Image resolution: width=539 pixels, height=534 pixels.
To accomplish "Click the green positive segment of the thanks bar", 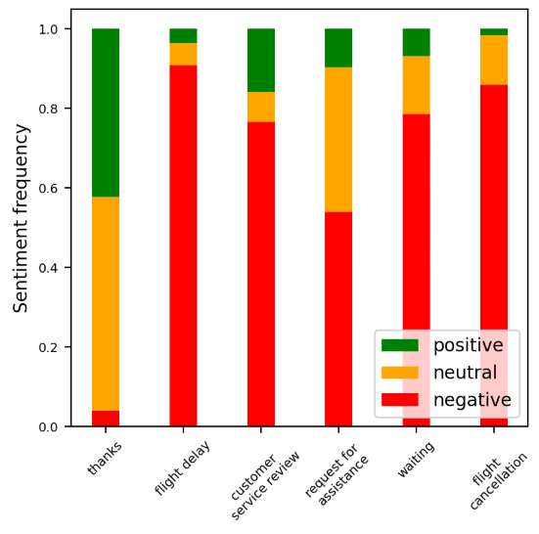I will (x=106, y=112).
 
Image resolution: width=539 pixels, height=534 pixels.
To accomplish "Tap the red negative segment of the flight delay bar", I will (x=183, y=245).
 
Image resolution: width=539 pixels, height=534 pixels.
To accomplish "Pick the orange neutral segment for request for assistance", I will (x=338, y=140).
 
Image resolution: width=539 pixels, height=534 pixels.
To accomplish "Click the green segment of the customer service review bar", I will (x=261, y=60).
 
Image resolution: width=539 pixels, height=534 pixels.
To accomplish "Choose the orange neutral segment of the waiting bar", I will (x=417, y=85).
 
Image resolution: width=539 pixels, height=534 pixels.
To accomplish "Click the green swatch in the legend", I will (x=399, y=345).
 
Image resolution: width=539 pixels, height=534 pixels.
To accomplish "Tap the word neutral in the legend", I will (x=465, y=373).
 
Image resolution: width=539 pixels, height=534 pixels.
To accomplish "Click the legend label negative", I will (x=472, y=400).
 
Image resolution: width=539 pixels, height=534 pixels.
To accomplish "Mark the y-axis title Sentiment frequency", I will (x=21, y=218).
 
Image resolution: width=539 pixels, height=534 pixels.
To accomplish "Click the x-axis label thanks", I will (x=105, y=457).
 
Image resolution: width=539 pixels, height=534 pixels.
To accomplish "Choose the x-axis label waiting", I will (x=416, y=459).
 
